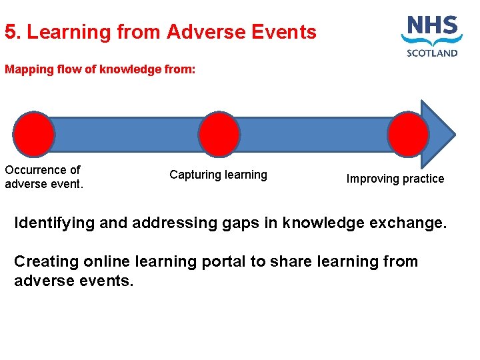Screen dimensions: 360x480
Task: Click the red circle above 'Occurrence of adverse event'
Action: (x=34, y=134)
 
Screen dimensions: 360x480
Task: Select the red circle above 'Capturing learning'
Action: (x=219, y=134)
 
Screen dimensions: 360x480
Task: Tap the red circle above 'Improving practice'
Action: (x=408, y=134)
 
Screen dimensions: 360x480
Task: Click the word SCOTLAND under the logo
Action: (x=432, y=53)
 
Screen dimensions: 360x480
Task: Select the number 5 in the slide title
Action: (x=9, y=32)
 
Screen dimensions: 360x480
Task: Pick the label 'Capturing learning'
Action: (x=218, y=175)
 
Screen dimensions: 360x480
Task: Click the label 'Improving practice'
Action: (x=395, y=179)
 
